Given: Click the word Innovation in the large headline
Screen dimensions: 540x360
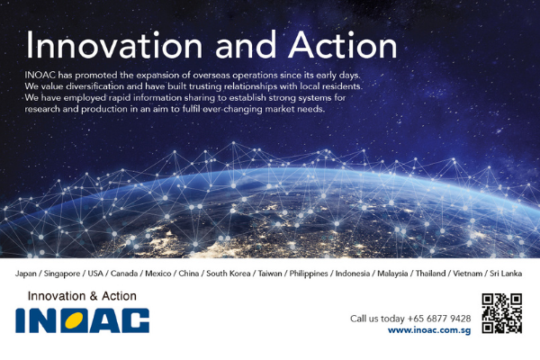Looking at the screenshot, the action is coord(114,45).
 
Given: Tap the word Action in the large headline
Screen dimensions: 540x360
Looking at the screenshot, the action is coord(343,45).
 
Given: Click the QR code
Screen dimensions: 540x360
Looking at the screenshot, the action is coord(502,313).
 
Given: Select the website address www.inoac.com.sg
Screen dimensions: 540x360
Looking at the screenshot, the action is coord(429,330).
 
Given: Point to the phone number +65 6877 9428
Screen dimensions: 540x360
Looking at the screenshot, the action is coord(439,319).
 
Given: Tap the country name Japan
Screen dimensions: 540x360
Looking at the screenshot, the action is coord(26,274).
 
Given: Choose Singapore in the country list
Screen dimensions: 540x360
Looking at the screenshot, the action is coord(62,274).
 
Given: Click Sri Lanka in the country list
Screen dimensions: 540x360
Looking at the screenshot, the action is coord(506,274).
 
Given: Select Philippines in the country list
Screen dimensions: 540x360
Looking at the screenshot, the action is coord(309,274).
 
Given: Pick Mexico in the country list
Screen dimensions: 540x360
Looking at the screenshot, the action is coord(158,274).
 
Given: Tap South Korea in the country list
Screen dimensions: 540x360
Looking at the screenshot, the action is coord(229,274).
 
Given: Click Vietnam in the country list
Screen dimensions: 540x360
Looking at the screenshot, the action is coord(467,274).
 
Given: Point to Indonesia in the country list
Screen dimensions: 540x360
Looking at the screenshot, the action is coord(353,274).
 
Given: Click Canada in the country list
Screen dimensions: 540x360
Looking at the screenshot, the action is coord(124,274).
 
